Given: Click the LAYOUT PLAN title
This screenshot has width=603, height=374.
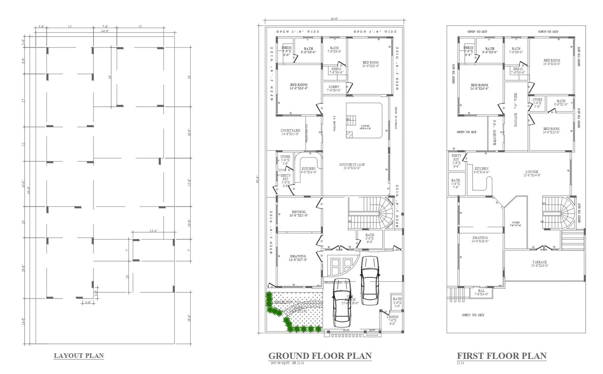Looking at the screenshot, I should point(79,356).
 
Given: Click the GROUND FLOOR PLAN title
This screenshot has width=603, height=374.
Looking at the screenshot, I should point(320,356).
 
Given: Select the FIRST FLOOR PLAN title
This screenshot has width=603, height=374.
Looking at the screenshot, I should point(502,356).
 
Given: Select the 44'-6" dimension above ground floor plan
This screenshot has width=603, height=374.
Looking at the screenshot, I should point(334,18).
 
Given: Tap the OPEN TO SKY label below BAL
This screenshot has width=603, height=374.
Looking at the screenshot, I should point(473,315).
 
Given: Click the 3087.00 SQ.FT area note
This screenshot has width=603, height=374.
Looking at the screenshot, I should point(287,363).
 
